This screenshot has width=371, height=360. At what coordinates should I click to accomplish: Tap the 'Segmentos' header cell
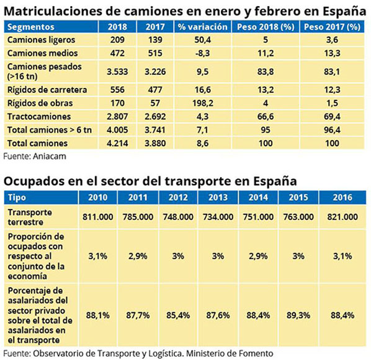pos(29,27)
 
